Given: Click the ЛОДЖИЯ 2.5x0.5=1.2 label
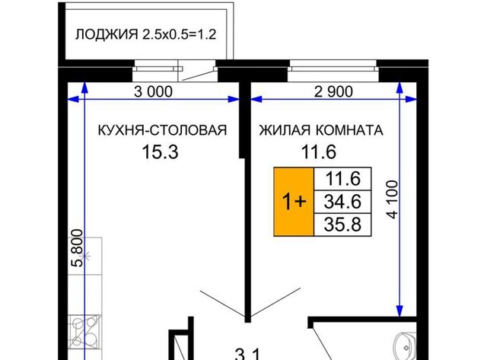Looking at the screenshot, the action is click(x=145, y=34).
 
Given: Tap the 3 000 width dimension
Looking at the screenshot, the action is click(x=153, y=91).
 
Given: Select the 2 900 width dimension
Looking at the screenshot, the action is click(x=333, y=91).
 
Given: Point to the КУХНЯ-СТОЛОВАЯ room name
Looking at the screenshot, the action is click(x=162, y=130).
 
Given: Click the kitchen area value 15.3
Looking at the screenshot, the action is click(x=161, y=152).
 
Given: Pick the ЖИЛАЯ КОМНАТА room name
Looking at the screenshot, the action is click(x=321, y=130).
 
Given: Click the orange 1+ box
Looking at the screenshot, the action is click(x=294, y=202).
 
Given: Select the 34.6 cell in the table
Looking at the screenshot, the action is click(x=342, y=202).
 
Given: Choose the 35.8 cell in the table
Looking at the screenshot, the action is click(x=342, y=225).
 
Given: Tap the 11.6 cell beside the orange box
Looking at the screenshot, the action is click(x=342, y=179).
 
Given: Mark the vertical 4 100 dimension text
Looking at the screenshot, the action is click(x=393, y=199).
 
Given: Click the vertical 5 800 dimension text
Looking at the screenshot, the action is click(x=78, y=248).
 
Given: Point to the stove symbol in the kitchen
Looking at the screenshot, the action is click(x=84, y=331).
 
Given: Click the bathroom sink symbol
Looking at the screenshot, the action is click(x=405, y=346).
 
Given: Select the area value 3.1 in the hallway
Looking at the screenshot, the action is click(x=247, y=354).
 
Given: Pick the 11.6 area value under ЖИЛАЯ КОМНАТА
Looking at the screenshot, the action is click(x=319, y=152).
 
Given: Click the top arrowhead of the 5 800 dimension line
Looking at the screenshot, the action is click(x=84, y=87).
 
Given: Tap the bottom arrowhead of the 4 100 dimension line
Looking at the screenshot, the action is click(x=399, y=311).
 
